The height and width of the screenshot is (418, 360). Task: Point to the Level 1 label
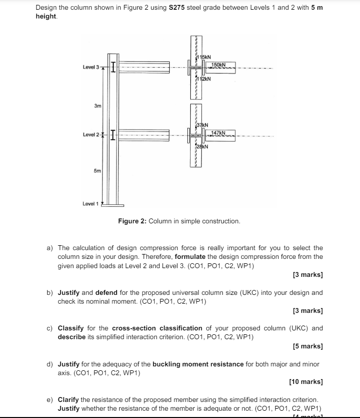90,203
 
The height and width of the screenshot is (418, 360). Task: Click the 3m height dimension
98,105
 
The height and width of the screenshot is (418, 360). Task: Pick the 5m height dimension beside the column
97,171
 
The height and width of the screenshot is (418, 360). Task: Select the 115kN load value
203,58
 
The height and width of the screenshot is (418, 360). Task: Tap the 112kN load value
203,78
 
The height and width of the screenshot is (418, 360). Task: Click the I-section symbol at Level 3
113,66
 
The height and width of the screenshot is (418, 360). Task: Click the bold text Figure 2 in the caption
132,221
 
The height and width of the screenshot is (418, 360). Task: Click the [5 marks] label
308,346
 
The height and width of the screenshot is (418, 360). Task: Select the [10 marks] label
306,382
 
